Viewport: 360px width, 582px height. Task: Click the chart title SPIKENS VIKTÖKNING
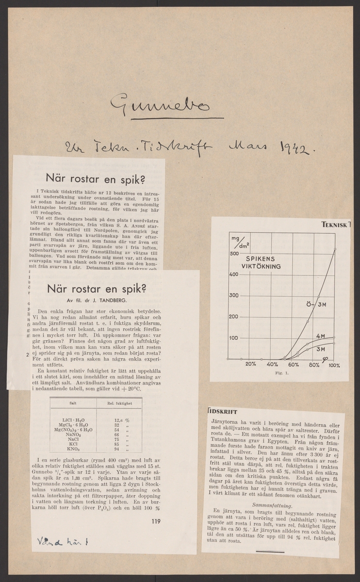coord(262,262)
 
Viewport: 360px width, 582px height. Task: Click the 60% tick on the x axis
coord(293,364)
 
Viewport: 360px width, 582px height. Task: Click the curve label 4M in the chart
coord(320,336)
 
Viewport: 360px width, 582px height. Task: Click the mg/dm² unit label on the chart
coord(237,241)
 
